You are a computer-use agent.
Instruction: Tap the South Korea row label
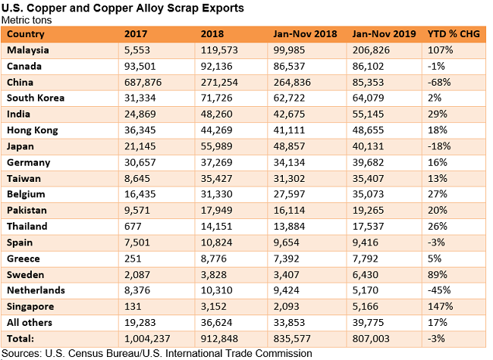pos(36,98)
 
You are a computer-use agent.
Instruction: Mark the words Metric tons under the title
pos(26,20)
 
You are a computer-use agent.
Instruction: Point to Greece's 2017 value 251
pos(132,258)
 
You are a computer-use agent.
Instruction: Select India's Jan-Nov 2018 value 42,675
pos(293,114)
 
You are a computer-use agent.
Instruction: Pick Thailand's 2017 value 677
pos(132,226)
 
